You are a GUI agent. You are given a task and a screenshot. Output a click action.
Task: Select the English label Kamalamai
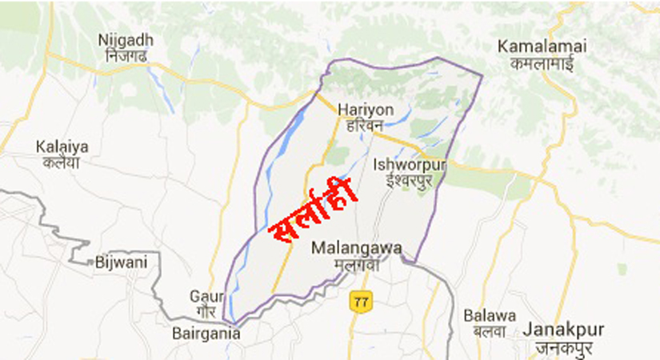coord(542,46)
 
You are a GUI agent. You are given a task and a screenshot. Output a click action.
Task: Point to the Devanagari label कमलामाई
coord(542,63)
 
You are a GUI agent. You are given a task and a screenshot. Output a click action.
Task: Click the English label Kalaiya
coord(62,146)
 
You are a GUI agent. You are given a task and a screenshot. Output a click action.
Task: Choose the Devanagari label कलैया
coord(62,162)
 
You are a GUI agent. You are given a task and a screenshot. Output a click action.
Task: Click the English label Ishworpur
coord(410,165)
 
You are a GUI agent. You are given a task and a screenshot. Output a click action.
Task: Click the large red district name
coord(314,214)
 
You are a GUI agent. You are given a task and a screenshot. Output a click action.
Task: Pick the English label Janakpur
coord(558,329)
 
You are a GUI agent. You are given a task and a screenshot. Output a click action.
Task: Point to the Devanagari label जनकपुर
coord(558,346)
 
